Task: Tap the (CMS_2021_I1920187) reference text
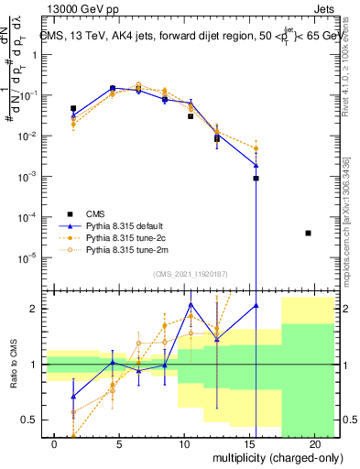pos(189,273)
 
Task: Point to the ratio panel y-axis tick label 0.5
pos(31,420)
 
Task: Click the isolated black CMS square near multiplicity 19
pos(308,234)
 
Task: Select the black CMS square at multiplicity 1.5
pos(73,108)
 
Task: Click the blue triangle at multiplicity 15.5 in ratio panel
pos(256,305)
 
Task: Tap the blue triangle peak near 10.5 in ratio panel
pos(191,304)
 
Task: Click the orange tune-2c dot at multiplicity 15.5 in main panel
pos(256,148)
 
